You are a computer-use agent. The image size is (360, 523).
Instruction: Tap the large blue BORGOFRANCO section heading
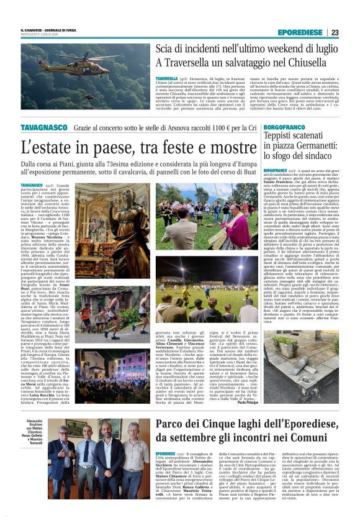click(x=289, y=127)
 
